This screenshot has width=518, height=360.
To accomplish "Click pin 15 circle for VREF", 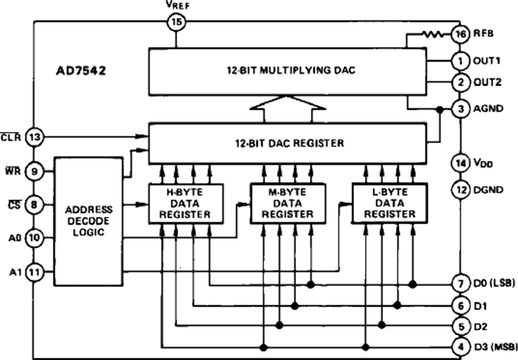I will point(176,22).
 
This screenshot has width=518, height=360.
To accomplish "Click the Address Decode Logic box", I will point(89,220).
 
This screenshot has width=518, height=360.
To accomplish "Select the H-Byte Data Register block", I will point(186,203).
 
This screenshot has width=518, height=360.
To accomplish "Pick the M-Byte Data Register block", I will point(288,203).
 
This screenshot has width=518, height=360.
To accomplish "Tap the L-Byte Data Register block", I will point(390,203).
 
